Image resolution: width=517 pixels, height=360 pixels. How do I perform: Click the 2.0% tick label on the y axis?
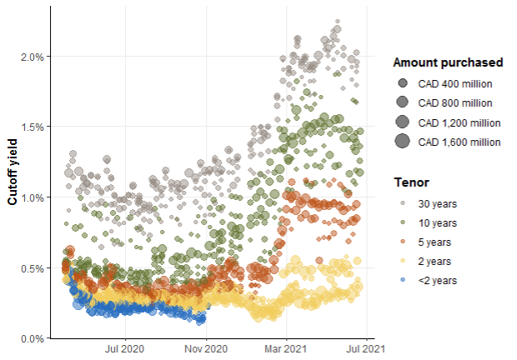click(31, 57)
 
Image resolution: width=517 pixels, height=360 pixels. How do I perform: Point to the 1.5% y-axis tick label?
click(31, 127)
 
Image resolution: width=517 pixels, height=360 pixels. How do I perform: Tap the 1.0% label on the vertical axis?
click(31, 197)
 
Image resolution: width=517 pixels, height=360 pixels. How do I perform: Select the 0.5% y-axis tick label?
click(31, 268)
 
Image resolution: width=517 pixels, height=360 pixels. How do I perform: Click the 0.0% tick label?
click(31, 338)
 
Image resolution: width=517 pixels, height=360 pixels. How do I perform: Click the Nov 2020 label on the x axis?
click(205, 349)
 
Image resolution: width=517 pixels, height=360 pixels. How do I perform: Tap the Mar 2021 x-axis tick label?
click(285, 349)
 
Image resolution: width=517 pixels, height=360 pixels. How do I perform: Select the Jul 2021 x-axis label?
click(365, 349)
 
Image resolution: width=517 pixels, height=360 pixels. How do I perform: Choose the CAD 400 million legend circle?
click(403, 83)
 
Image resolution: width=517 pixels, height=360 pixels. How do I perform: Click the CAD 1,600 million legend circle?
click(403, 141)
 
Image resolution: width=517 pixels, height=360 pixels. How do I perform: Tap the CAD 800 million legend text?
click(455, 103)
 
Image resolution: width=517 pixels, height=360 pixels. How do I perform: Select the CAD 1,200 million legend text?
click(459, 122)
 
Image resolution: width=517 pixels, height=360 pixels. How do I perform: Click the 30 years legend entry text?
click(437, 203)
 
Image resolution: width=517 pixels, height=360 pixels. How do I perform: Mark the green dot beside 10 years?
click(403, 223)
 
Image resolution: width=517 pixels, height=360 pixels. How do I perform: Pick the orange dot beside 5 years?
click(403, 242)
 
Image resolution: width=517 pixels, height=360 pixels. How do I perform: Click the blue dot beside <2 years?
click(403, 281)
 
